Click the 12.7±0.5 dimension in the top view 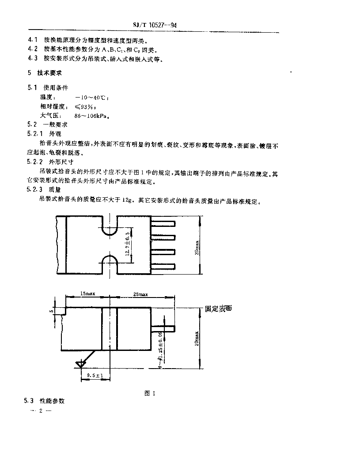(128, 243)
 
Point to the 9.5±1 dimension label (95, 375)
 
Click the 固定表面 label (218, 309)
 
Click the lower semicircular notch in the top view (109, 263)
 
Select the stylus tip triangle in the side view (80, 364)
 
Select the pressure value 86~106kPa (91, 116)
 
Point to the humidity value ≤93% (83, 106)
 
